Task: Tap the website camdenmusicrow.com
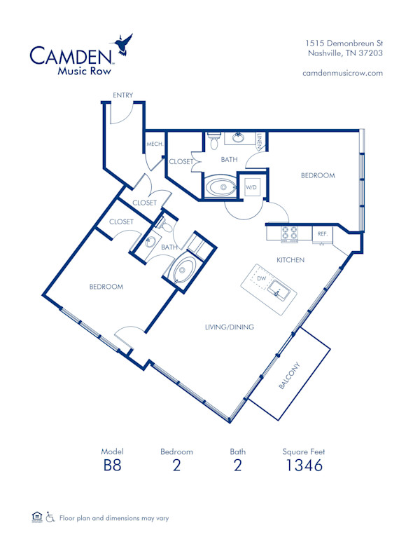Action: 342,73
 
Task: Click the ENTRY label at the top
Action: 123,95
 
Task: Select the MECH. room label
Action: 154,144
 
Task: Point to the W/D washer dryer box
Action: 251,187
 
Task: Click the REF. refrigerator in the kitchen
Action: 322,234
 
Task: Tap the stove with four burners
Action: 290,233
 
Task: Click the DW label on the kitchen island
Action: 260,278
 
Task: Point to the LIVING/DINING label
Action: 229,327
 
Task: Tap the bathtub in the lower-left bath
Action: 185,270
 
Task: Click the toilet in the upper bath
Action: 214,140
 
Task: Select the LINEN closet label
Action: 259,142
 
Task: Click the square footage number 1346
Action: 303,465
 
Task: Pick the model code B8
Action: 112,465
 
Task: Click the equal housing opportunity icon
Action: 37,517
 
